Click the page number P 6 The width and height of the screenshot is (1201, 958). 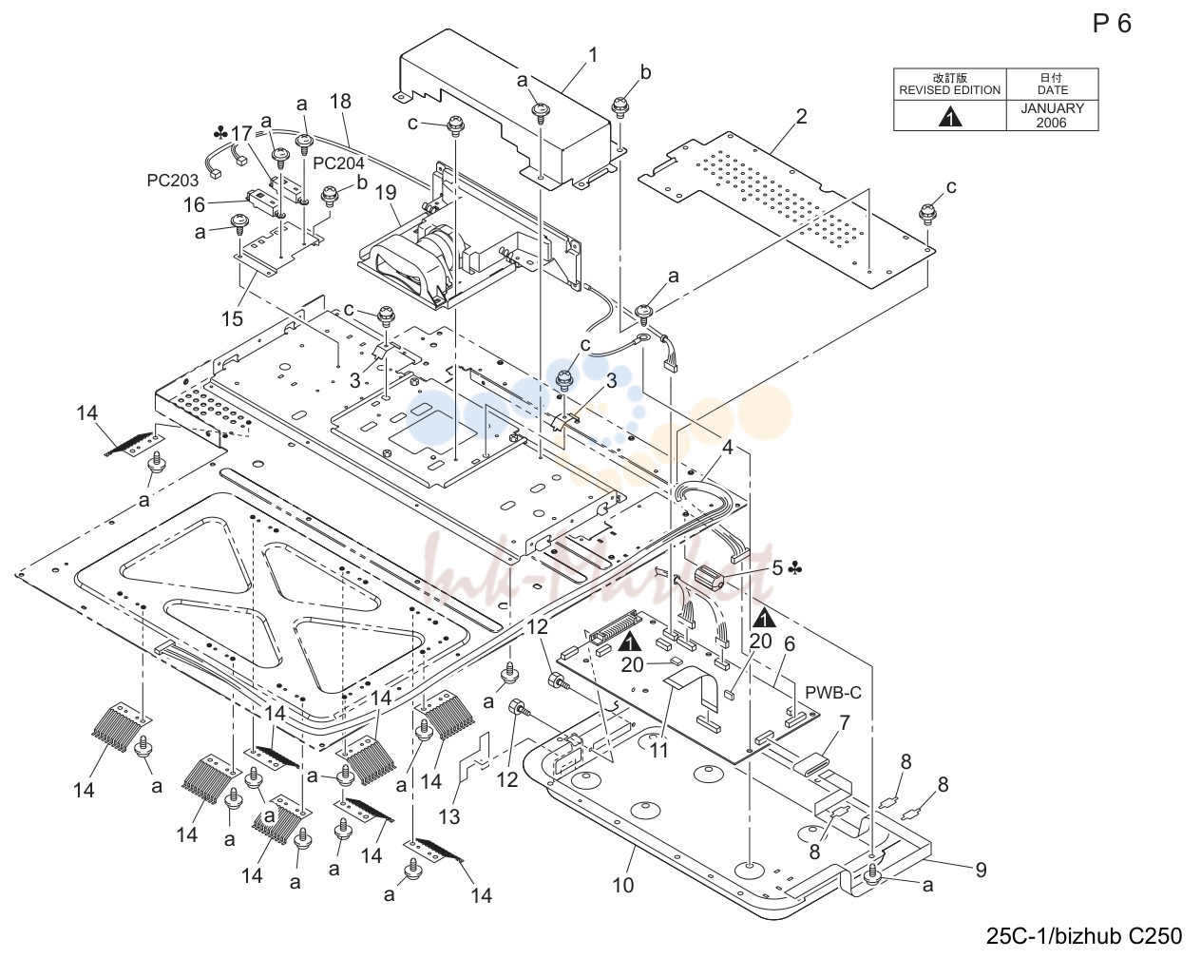(x=1112, y=24)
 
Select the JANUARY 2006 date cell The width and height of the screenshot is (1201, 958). (x=1052, y=116)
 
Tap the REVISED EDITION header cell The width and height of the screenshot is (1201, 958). (x=950, y=85)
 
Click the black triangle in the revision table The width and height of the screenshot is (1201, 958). (x=950, y=117)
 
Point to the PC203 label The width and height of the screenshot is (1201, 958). (x=172, y=181)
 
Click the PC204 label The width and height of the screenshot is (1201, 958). (x=338, y=163)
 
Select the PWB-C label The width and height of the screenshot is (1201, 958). (x=833, y=693)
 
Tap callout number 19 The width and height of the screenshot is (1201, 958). (x=385, y=192)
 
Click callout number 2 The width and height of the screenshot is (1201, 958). (x=801, y=117)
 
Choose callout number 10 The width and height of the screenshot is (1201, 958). (x=622, y=885)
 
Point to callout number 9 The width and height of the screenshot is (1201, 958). (x=982, y=870)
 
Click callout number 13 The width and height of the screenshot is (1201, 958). (x=449, y=816)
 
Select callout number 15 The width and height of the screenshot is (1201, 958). (x=232, y=318)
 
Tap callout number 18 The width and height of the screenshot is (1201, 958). (x=340, y=101)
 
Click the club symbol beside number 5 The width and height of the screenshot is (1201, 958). (x=795, y=569)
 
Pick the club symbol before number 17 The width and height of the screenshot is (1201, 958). (x=221, y=133)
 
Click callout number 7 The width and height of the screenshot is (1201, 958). (x=845, y=722)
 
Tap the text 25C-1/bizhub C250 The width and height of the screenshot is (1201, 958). (x=1084, y=936)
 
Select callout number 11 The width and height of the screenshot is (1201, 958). (x=658, y=750)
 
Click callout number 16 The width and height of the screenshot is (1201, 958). (x=194, y=205)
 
